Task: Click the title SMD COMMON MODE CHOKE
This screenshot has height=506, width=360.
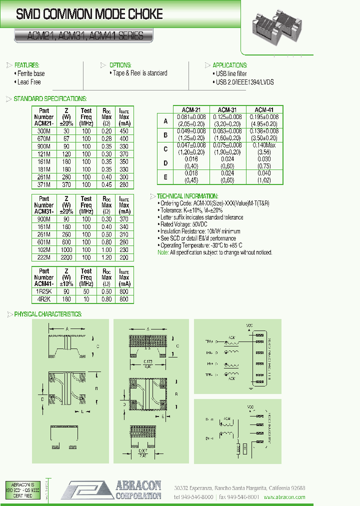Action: coord(89,14)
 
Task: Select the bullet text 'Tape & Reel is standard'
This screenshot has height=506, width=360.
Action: coord(139,73)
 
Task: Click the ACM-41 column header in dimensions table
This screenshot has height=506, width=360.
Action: coord(264,109)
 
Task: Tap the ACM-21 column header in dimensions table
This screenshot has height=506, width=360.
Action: coord(191,109)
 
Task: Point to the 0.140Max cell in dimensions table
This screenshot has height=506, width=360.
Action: coord(264,145)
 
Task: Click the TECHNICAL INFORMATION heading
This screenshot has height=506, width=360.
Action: coord(187,196)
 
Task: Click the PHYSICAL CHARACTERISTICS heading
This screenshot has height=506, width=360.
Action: coord(47,314)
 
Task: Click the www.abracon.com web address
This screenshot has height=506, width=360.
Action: coord(285,497)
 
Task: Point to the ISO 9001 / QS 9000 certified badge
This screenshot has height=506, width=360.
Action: coord(21,490)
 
